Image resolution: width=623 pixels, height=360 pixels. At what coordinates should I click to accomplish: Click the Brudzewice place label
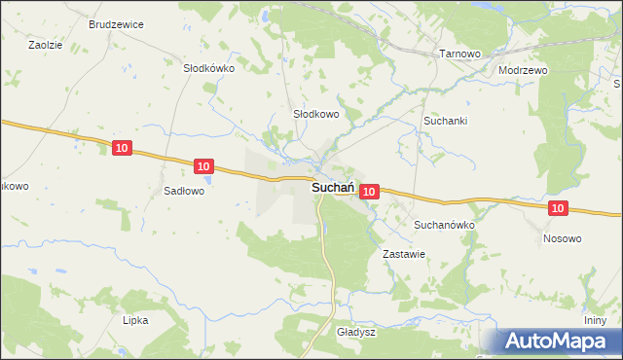[116, 22]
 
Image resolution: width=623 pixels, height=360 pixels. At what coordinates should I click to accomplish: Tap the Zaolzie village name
[45, 45]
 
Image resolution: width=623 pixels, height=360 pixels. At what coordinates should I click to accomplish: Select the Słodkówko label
[209, 69]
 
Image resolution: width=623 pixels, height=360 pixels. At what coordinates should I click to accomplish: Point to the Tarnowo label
[460, 54]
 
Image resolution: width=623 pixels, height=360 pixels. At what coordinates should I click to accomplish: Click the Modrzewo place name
[523, 71]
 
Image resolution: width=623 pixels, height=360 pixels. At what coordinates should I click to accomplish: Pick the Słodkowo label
[316, 114]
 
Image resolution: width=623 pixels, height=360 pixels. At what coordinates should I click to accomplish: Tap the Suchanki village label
[446, 121]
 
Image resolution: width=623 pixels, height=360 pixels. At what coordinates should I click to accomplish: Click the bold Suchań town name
[332, 190]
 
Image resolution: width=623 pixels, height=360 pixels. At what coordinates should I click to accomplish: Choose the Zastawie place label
[404, 253]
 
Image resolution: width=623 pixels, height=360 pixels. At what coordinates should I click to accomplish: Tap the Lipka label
[134, 319]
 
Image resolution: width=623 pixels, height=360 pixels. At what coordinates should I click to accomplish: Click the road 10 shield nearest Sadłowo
[202, 167]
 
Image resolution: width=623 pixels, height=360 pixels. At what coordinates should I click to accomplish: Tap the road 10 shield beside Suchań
[368, 193]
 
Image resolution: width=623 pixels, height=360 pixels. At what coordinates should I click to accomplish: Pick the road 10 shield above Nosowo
[557, 208]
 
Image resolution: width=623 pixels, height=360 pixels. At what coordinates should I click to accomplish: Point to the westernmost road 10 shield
[121, 148]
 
